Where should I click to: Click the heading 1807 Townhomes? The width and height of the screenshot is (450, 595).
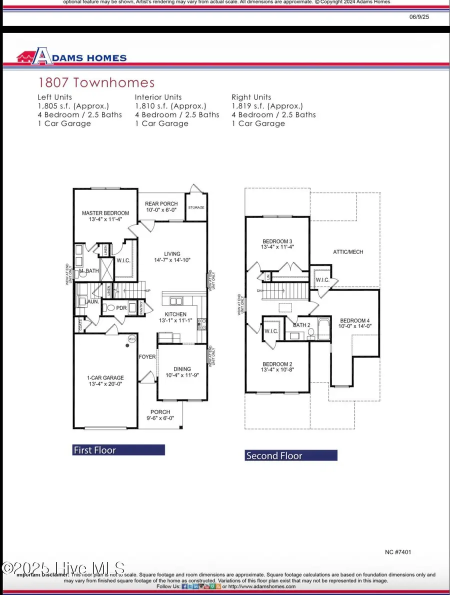pyautogui.click(x=96, y=83)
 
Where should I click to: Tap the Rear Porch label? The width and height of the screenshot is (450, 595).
pyautogui.click(x=161, y=203)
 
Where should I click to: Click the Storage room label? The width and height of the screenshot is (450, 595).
pyautogui.click(x=196, y=207)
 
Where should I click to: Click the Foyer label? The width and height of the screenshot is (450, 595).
pyautogui.click(x=147, y=357)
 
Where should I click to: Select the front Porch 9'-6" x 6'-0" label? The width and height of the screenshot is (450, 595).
pyautogui.click(x=160, y=415)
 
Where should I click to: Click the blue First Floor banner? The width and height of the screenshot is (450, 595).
pyautogui.click(x=118, y=450)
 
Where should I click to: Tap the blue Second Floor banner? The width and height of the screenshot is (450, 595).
pyautogui.click(x=291, y=455)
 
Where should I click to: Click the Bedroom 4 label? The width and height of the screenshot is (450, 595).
pyautogui.click(x=355, y=320)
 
